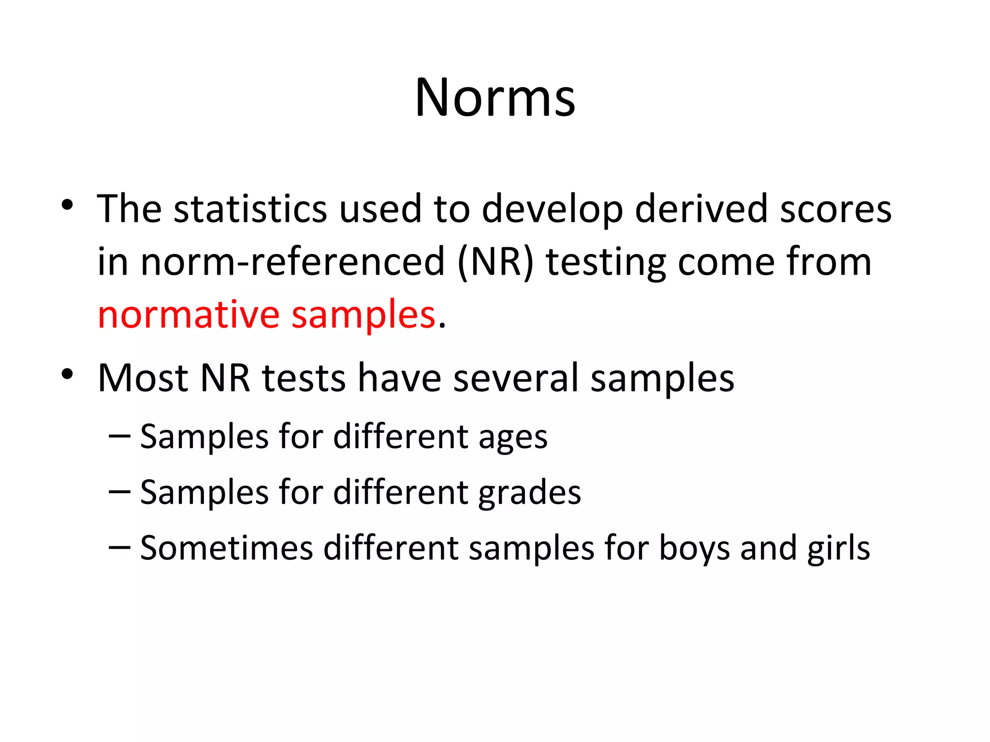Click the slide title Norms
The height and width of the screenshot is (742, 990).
click(x=495, y=98)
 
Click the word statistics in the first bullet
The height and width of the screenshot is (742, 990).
click(x=250, y=209)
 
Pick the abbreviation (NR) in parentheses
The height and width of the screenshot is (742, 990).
click(x=495, y=262)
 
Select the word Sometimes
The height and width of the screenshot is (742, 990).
click(x=227, y=548)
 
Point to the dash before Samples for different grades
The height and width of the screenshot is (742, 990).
click(x=119, y=492)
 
